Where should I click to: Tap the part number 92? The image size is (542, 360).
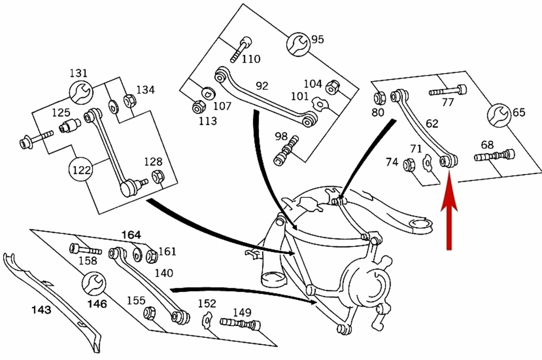click(x=262, y=86)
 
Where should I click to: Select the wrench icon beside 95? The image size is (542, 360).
click(x=297, y=43)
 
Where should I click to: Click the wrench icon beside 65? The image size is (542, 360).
click(x=499, y=115)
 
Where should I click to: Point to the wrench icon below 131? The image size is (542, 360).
click(x=81, y=92)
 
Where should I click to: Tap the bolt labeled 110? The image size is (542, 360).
click(x=241, y=50)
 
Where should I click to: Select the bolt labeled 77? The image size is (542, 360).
click(x=448, y=91)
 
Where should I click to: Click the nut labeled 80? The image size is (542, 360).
click(x=379, y=98)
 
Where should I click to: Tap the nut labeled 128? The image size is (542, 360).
click(x=157, y=177)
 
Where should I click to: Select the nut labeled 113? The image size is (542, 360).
click(x=197, y=108)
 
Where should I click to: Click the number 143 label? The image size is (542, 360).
click(x=41, y=309)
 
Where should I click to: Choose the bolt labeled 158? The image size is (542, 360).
click(x=85, y=250)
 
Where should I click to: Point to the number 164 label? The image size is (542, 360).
click(x=131, y=235)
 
